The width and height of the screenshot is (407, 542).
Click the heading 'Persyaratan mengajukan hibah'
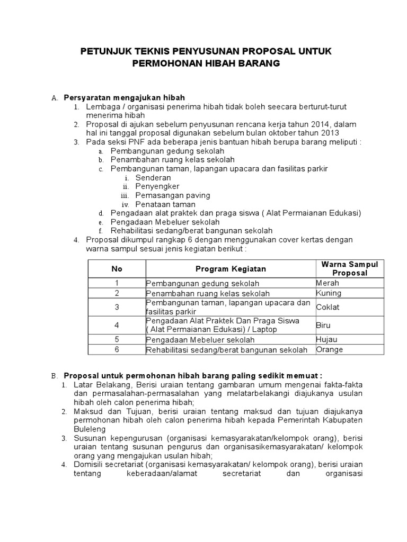pyautogui.click(x=124, y=97)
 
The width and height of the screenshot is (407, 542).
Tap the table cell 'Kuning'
pyautogui.click(x=329, y=293)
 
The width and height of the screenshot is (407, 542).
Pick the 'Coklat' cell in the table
pyautogui.click(x=328, y=307)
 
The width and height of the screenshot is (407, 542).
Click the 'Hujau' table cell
pyautogui.click(x=327, y=339)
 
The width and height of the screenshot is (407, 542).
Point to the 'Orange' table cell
pyautogui.click(x=330, y=349)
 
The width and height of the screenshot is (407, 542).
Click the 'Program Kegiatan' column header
pyautogui.click(x=231, y=269)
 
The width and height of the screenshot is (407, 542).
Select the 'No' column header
pyautogui.click(x=117, y=269)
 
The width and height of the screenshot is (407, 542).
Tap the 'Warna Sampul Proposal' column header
pyautogui.click(x=349, y=269)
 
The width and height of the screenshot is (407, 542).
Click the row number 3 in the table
pyautogui.click(x=117, y=307)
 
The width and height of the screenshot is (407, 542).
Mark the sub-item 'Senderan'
pyautogui.click(x=153, y=178)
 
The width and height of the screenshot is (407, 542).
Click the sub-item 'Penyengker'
pyautogui.click(x=157, y=186)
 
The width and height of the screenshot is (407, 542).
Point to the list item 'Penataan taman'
pyautogui.click(x=165, y=204)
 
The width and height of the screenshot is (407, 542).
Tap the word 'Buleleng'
pyautogui.click(x=90, y=429)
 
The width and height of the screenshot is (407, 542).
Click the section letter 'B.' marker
pyautogui.click(x=54, y=375)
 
